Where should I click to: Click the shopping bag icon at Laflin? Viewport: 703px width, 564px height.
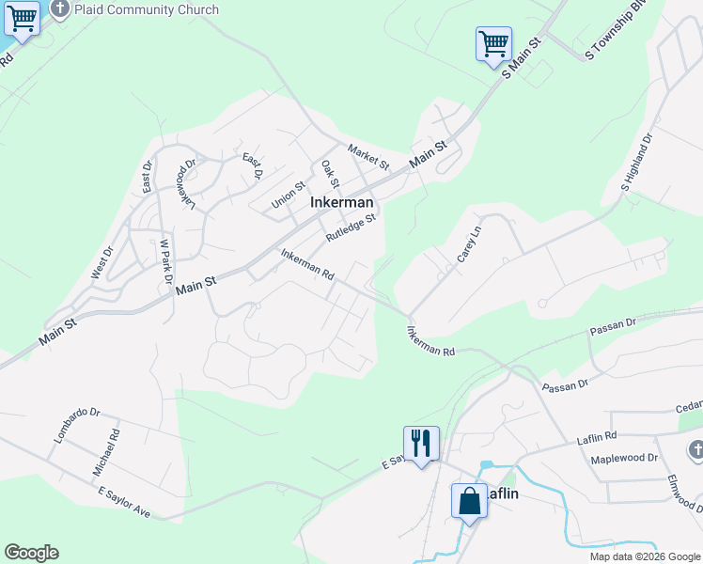tap(469, 500)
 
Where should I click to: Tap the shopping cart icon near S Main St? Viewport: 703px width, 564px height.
tap(493, 43)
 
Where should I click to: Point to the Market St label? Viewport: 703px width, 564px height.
tap(368, 156)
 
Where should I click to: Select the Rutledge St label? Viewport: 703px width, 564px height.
tap(351, 228)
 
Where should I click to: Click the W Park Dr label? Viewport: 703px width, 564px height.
tap(164, 262)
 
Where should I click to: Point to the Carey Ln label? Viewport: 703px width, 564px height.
tap(469, 243)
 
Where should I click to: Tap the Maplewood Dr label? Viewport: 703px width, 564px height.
tap(624, 459)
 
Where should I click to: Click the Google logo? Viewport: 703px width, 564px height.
tap(31, 553)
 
